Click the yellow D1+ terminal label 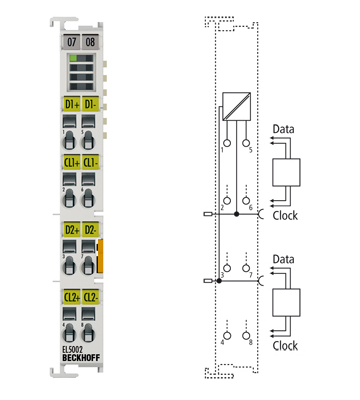(70, 105)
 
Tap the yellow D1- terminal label (90, 105)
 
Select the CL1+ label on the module (70, 162)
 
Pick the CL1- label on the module (90, 162)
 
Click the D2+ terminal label (70, 233)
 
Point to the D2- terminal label (90, 233)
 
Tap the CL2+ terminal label (70, 297)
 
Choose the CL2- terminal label (90, 297)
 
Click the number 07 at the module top (70, 42)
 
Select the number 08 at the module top (91, 42)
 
